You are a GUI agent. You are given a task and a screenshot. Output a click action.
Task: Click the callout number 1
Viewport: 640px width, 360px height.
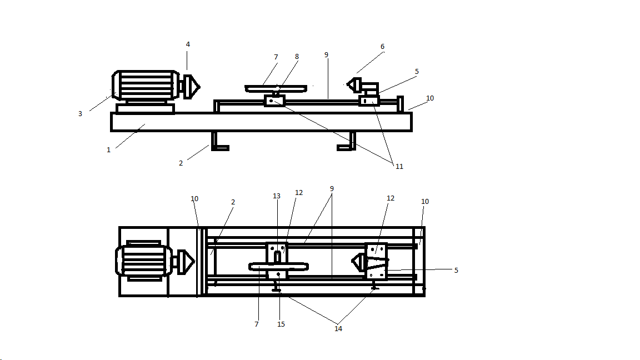108,150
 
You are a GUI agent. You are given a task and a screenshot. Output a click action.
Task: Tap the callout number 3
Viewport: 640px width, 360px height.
80,114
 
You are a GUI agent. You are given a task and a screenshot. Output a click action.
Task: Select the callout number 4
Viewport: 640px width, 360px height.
188,44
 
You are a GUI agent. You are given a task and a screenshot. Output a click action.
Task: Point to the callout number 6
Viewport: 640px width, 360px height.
382,47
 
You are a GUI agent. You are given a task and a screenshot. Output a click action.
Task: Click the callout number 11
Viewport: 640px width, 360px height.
399,166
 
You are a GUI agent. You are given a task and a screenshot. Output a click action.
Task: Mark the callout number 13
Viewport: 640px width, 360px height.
277,196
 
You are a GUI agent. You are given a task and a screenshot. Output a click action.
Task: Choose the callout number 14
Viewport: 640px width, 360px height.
338,329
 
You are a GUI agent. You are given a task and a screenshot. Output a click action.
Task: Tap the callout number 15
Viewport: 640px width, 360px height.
281,324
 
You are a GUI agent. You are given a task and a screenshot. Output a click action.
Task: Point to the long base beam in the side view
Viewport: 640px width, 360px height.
261,122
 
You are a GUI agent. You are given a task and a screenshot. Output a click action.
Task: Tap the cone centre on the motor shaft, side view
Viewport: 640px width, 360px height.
193,86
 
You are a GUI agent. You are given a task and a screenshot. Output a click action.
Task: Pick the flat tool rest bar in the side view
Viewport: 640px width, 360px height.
276,88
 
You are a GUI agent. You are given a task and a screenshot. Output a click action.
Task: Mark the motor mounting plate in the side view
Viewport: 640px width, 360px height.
145,108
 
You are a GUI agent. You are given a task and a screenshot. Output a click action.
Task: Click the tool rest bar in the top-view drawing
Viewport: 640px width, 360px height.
278,267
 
